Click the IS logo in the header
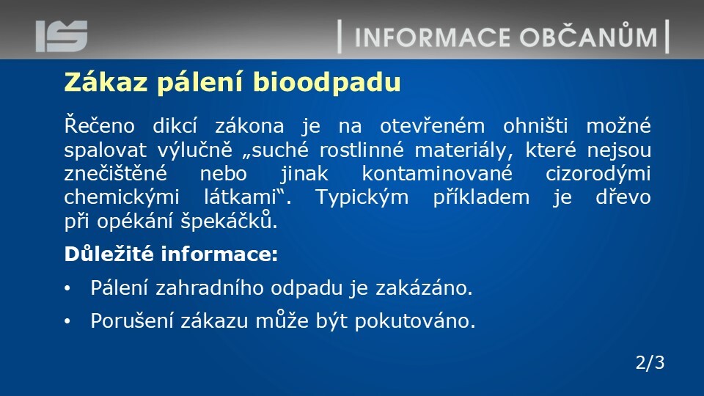point(62,36)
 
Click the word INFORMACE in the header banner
point(433,37)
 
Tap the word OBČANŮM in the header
point(589,36)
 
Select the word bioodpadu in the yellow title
point(327,82)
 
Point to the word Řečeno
point(99,125)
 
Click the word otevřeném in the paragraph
point(433,125)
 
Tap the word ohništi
point(535,125)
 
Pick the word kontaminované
point(437,173)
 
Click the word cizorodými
point(598,174)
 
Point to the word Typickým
point(362,197)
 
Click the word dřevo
point(623,197)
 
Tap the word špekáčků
point(229,219)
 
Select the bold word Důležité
point(109,254)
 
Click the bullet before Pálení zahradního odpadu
point(67,288)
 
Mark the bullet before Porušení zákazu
point(67,321)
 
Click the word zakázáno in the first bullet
point(424,287)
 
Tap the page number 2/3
point(650,362)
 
